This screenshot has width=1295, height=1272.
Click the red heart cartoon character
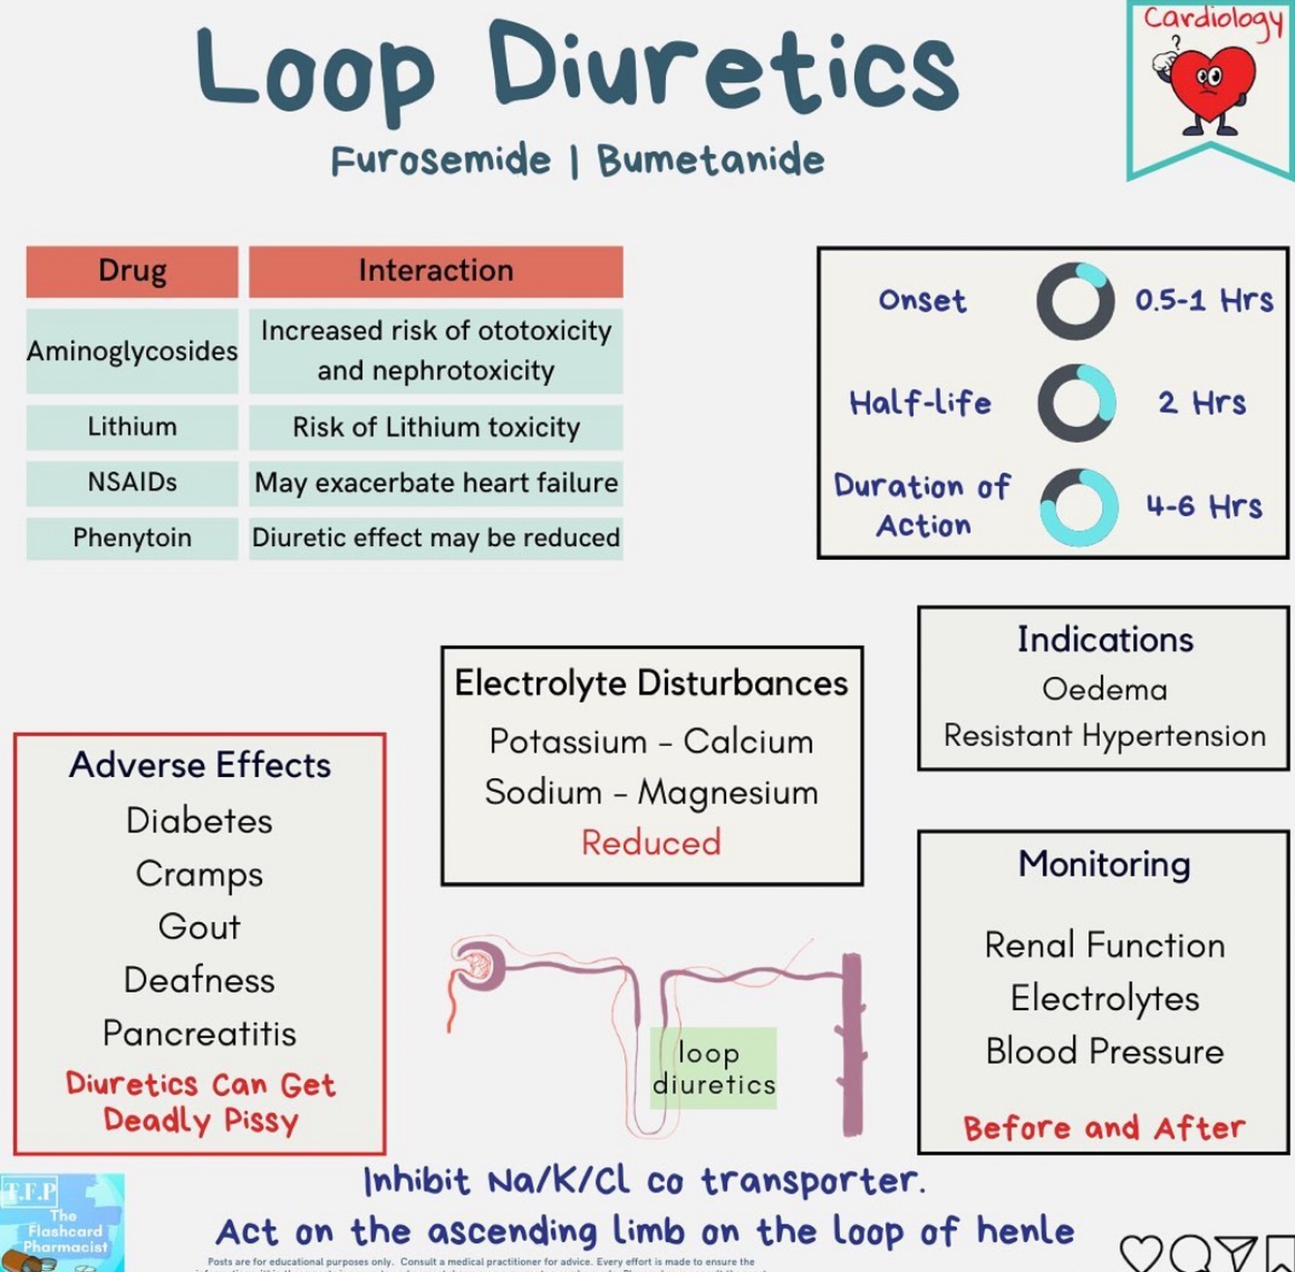point(1211,87)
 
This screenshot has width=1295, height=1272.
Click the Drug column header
point(132,271)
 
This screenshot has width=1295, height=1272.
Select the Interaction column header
point(436,271)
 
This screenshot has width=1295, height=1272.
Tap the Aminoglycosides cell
point(132,351)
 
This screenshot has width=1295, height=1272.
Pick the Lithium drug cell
point(132,427)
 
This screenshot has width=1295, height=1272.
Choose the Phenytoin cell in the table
point(132,538)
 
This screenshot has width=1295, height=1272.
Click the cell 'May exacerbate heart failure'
point(436,482)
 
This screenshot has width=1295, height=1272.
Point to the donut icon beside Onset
point(1076,301)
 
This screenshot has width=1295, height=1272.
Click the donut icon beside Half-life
point(1076,403)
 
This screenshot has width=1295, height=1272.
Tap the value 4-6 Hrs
point(1204,506)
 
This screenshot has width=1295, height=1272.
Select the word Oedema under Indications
point(1105,690)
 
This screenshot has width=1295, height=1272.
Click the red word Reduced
point(651,842)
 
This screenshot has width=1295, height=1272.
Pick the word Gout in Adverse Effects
point(199,927)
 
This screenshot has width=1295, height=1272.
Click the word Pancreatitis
point(199,1033)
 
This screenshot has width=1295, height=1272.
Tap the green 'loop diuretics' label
point(714,1068)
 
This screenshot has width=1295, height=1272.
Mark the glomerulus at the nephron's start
point(478,964)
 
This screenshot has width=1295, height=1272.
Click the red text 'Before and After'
point(1104,1127)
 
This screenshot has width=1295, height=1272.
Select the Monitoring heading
point(1104,864)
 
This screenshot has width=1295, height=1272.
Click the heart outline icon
point(1141,1253)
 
